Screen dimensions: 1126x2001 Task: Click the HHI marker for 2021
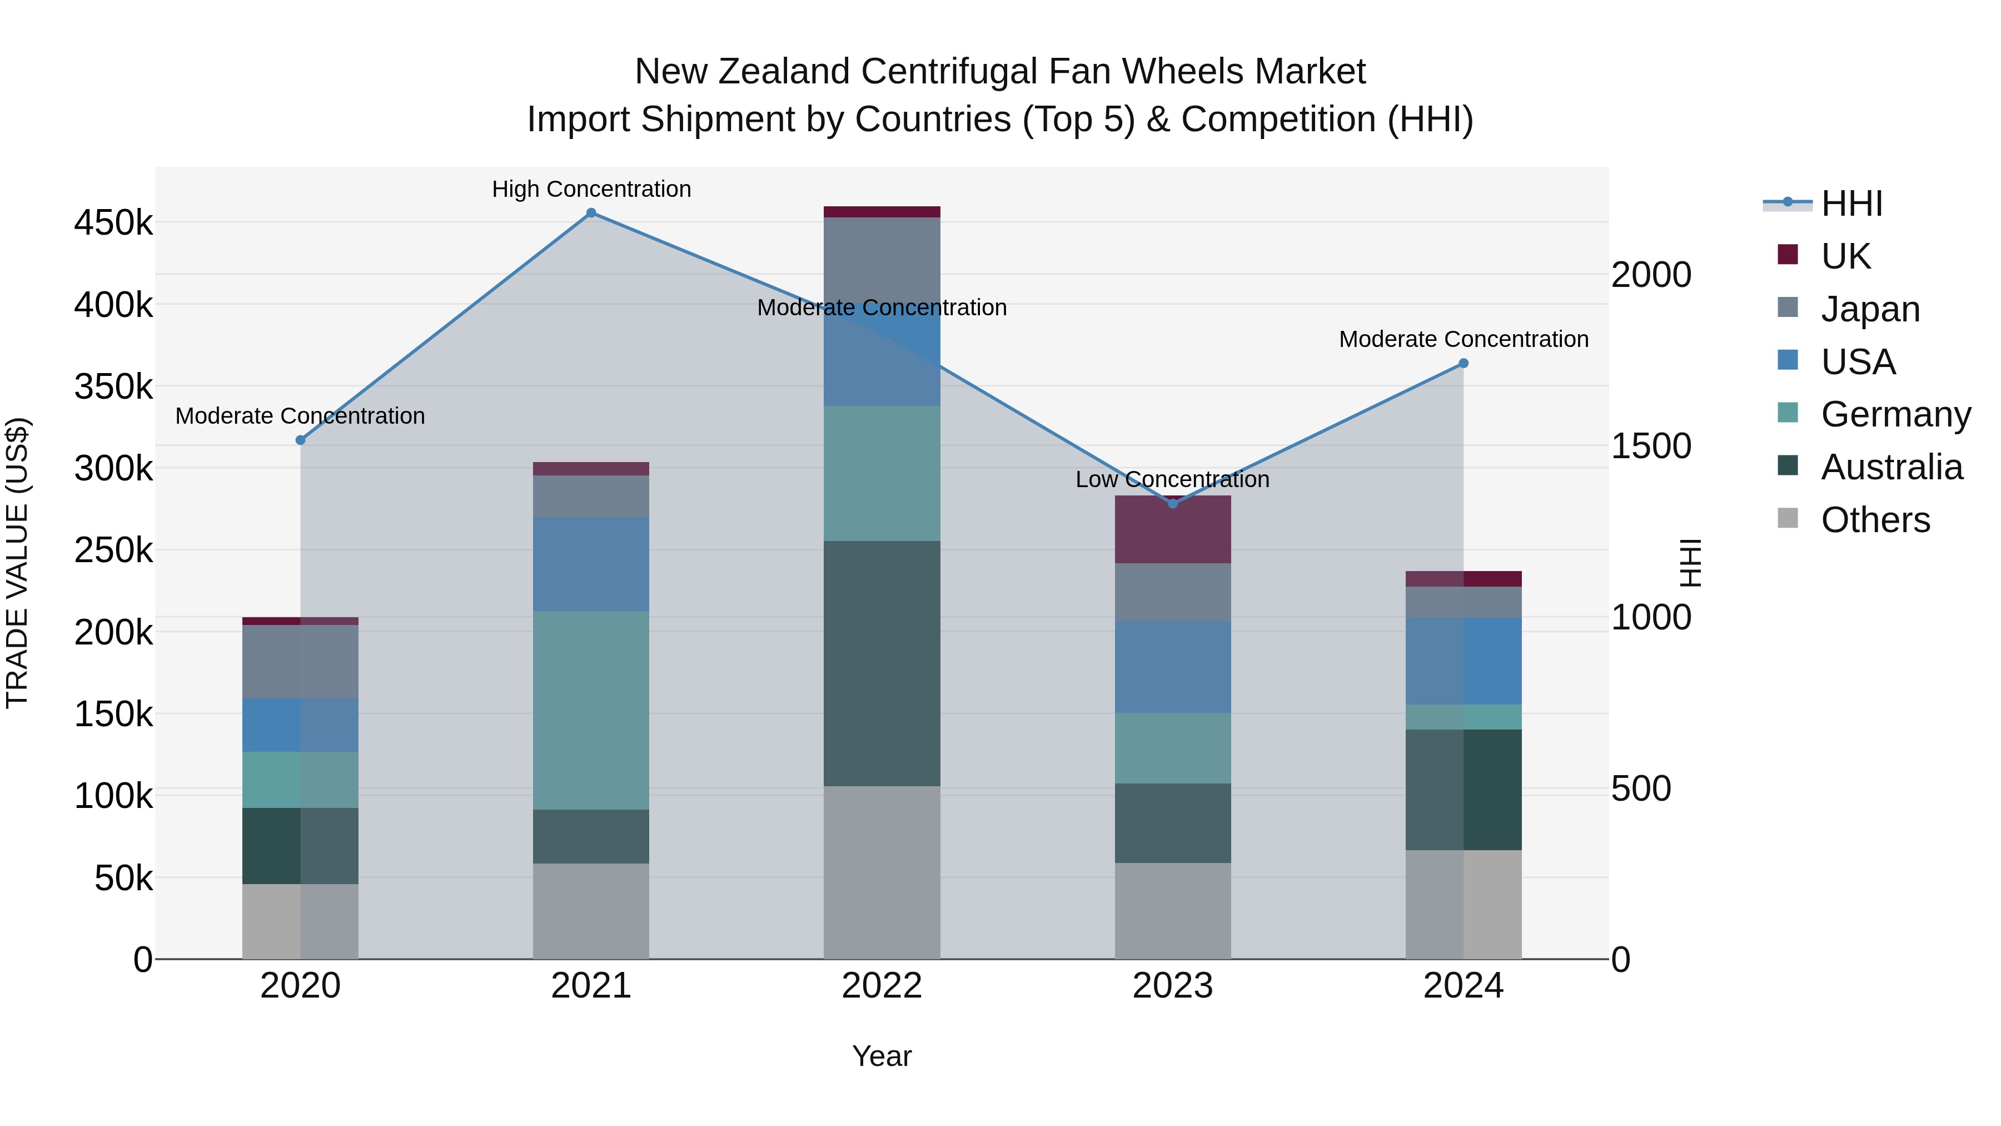[591, 213]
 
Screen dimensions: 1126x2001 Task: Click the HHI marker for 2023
[1173, 504]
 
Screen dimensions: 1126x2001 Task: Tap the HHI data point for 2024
[1464, 363]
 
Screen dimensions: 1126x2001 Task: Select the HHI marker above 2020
[301, 440]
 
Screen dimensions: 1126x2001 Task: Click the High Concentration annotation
[591, 189]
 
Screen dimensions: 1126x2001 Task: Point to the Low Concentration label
[1172, 479]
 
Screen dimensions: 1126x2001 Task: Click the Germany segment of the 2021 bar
[591, 710]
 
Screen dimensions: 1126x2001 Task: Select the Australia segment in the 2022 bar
[882, 663]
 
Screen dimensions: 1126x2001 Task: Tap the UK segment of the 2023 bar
[1173, 530]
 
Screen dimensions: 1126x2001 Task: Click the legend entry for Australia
[1892, 467]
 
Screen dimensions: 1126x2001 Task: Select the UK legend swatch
[1788, 255]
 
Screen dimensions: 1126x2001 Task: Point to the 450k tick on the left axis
[113, 223]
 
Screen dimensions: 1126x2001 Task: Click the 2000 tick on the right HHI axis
[1651, 275]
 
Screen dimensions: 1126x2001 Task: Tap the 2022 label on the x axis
[882, 985]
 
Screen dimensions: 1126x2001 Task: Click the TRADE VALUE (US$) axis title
[17, 563]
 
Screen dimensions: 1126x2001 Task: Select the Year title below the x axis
[882, 1056]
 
